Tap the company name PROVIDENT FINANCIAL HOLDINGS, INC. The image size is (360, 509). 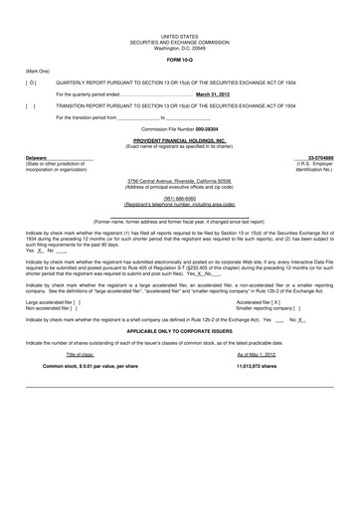pyautogui.click(x=179, y=142)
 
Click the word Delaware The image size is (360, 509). pyautogui.click(x=36, y=158)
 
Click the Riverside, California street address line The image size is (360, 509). pyautogui.click(x=179, y=180)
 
